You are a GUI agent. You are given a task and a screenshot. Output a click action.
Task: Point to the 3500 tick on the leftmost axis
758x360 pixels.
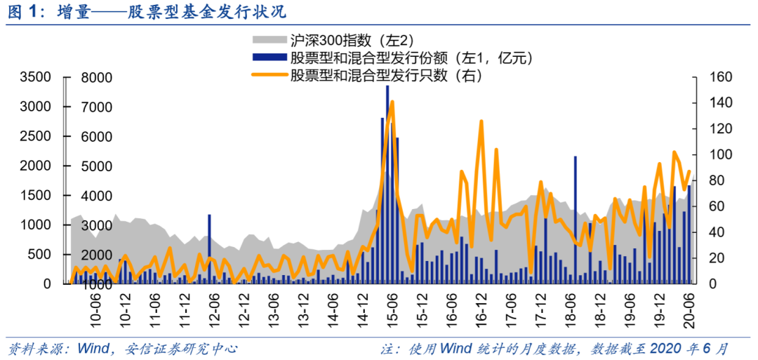[36, 77]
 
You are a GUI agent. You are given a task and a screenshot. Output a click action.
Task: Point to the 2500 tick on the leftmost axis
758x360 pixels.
[36, 136]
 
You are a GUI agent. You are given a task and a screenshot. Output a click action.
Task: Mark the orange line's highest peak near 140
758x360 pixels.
[392, 102]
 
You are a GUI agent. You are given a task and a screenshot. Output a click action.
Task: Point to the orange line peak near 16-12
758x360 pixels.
[481, 122]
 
